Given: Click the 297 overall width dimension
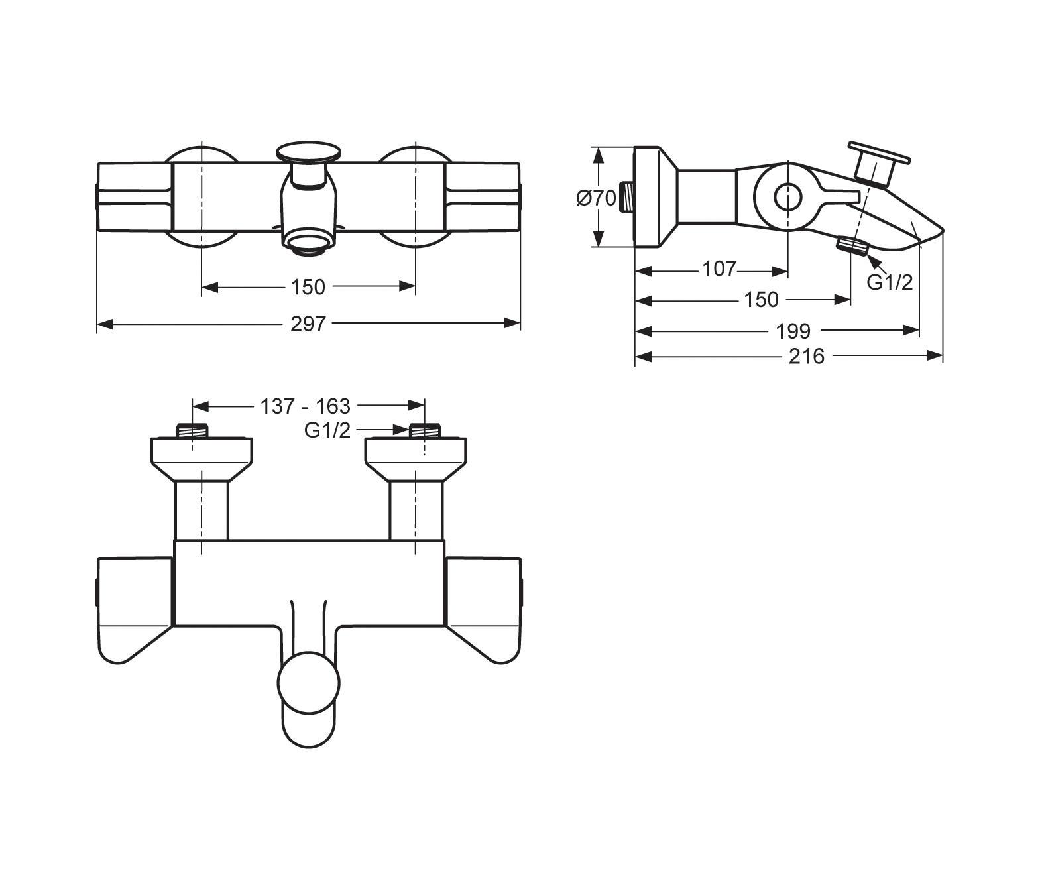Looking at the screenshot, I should (x=308, y=324).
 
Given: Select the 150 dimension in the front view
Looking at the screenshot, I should (x=308, y=286).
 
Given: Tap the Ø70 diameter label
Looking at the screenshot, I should (x=596, y=198).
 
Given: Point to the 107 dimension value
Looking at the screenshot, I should (x=719, y=268).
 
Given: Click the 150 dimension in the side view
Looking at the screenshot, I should (x=761, y=300).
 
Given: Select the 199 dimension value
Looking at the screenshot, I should (x=793, y=330).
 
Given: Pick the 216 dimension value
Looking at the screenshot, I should (x=807, y=357).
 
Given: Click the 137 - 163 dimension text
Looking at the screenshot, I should (x=305, y=405).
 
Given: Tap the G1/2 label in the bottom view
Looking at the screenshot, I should (x=327, y=430).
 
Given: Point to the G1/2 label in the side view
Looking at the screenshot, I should (x=890, y=282).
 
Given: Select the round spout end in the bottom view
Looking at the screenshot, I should (x=309, y=683).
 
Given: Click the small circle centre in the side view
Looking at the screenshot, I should (x=787, y=197).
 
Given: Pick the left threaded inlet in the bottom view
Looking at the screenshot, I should (x=192, y=430).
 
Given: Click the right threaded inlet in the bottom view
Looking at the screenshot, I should (x=424, y=430).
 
